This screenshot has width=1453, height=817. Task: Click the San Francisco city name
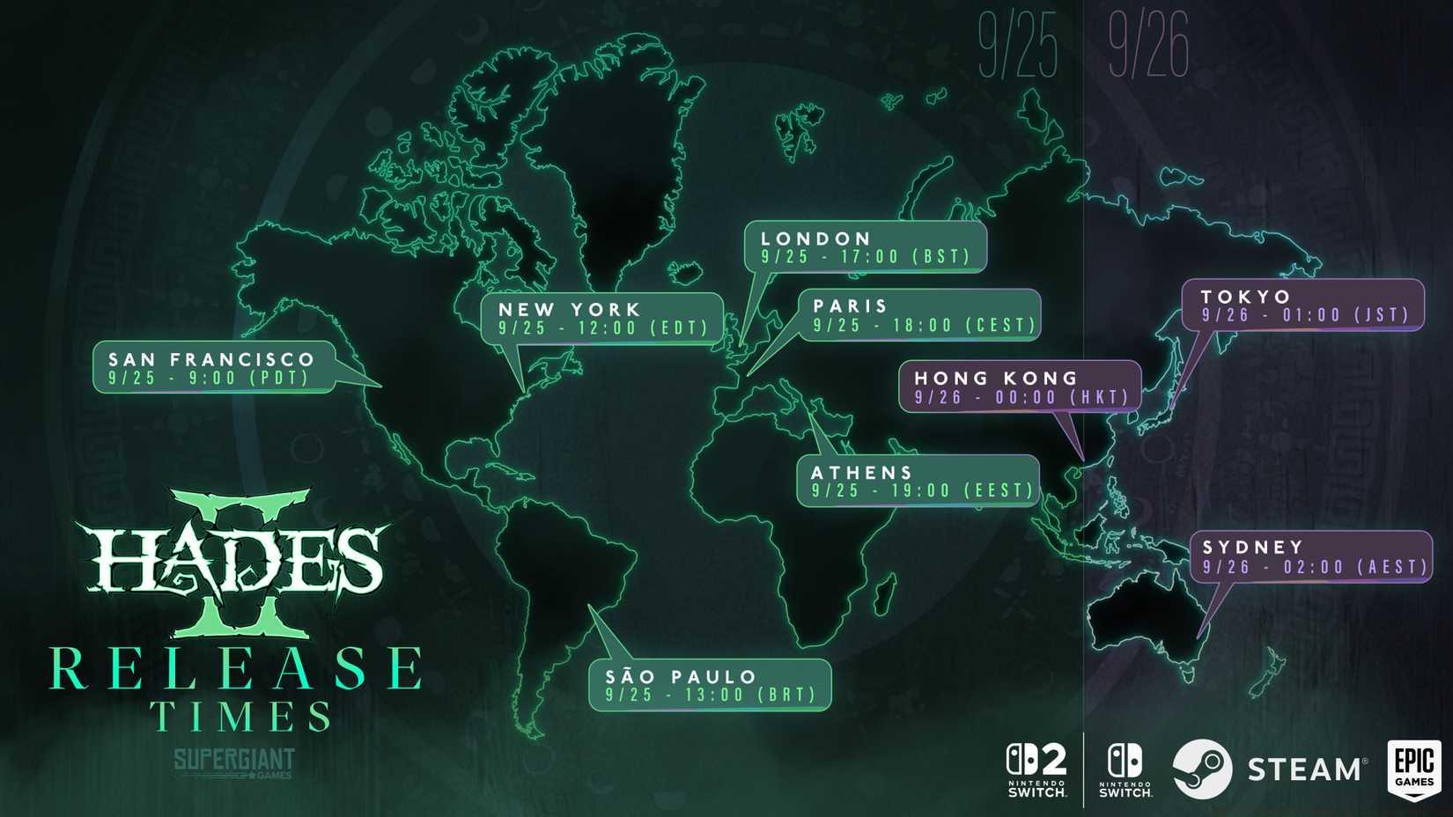tap(211, 359)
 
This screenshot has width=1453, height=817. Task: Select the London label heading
tap(815, 239)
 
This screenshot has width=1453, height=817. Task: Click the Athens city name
tap(861, 473)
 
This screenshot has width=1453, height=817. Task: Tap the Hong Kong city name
tap(996, 378)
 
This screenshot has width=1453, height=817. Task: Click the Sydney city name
tap(1252, 547)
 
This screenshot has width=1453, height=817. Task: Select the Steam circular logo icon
tap(1202, 769)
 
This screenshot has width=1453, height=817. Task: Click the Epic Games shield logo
tap(1413, 769)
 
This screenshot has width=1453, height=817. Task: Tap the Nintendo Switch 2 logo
tap(1036, 769)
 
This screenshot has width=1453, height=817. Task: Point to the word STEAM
tap(1305, 769)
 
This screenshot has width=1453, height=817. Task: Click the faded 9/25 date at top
tap(1017, 46)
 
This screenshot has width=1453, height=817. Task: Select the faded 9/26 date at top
tap(1148, 46)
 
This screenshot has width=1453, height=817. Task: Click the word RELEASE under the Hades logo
tap(236, 669)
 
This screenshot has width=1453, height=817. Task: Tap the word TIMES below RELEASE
tap(240, 717)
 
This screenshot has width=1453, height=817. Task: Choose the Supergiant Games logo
tap(234, 762)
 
